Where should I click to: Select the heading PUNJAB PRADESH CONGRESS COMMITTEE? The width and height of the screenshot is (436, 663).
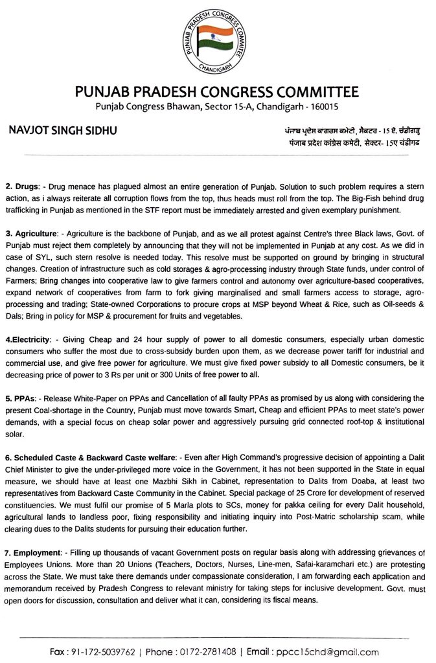218,91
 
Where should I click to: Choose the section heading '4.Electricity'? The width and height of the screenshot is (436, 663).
29,339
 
